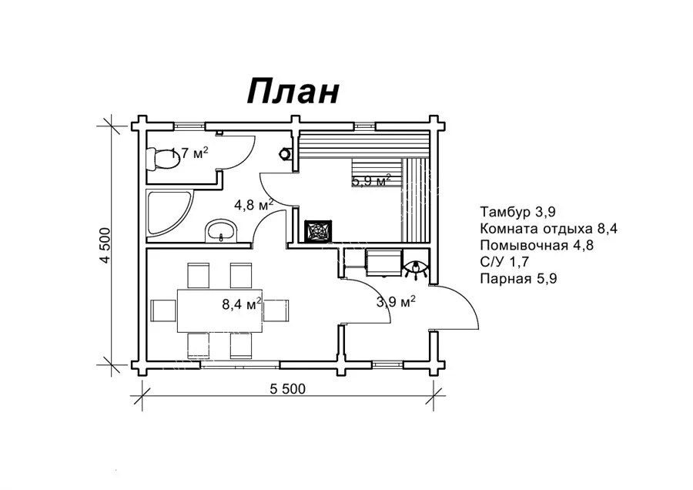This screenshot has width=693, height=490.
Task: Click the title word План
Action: (293, 92)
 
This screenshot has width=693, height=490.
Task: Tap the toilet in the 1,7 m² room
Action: (159, 158)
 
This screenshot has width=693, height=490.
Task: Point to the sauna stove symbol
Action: (318, 231)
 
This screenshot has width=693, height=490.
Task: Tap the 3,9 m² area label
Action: (396, 301)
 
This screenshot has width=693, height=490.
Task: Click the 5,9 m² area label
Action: (371, 181)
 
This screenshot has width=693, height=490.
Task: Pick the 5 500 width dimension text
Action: (288, 389)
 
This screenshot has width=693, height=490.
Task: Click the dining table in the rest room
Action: (221, 310)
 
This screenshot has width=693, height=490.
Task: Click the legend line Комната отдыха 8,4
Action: (548, 229)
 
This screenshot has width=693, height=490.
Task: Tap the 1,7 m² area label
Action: (189, 153)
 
